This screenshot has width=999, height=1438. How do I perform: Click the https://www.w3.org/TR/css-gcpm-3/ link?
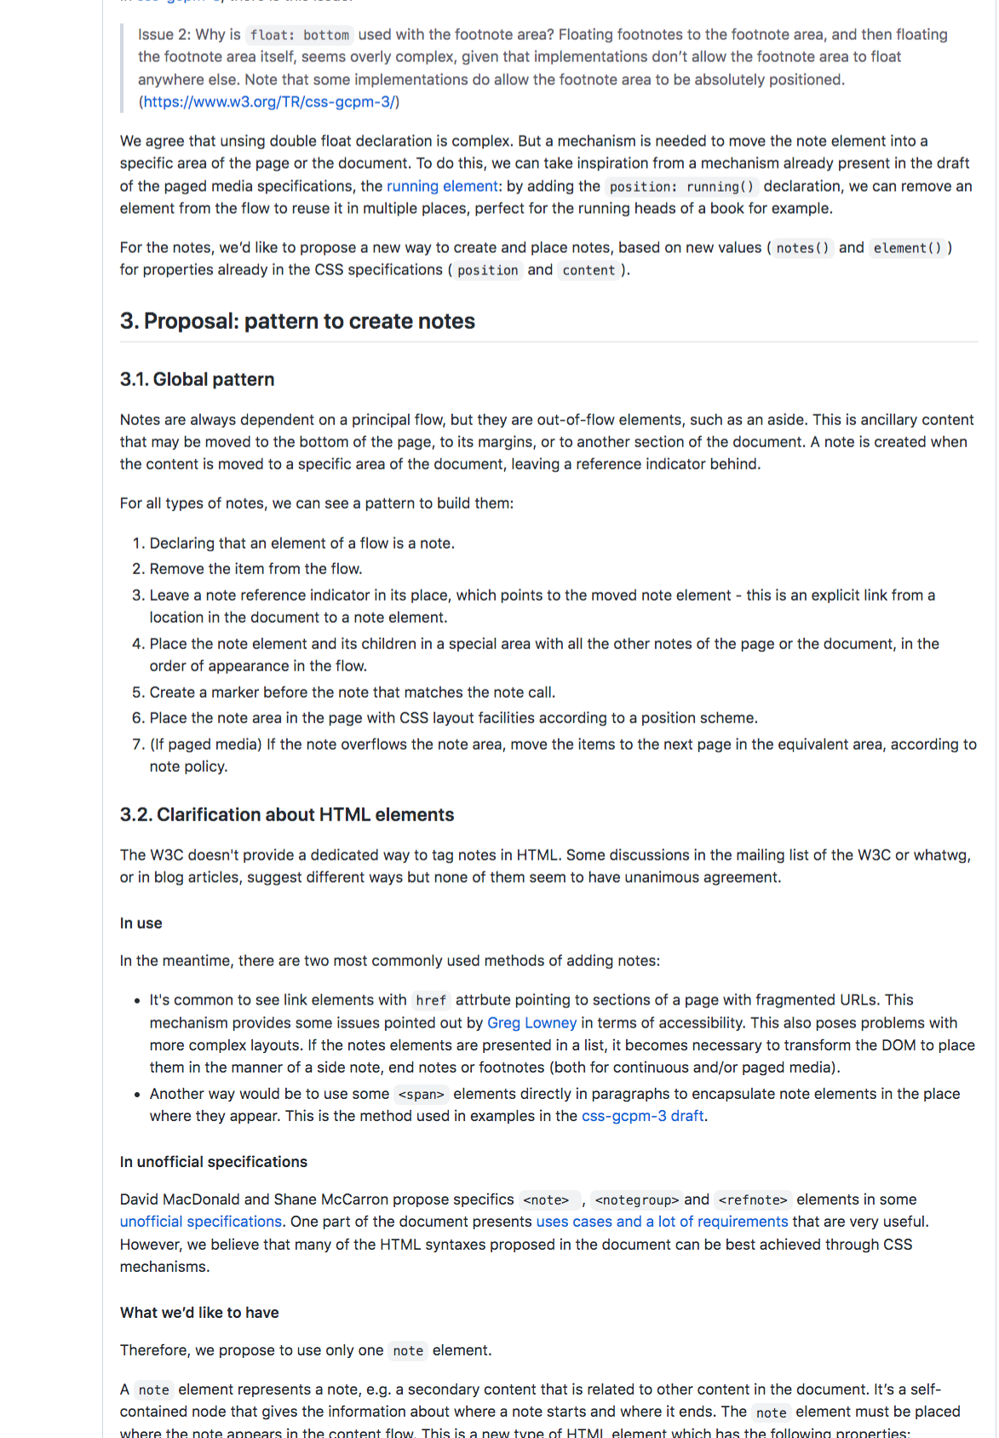[x=269, y=102]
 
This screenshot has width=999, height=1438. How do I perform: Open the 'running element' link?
[x=442, y=187]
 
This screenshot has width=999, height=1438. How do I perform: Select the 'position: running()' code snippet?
[x=681, y=187]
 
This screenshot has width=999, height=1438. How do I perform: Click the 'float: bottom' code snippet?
[x=300, y=35]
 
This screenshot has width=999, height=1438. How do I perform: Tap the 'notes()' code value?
[x=802, y=248]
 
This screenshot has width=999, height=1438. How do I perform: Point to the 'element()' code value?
[x=907, y=248]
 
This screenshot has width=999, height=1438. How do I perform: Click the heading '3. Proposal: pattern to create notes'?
[x=297, y=321]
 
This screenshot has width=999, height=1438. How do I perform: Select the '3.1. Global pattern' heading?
[x=197, y=379]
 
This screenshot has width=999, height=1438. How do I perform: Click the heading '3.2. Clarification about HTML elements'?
[x=287, y=814]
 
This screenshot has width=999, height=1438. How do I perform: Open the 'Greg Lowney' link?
[x=531, y=1023]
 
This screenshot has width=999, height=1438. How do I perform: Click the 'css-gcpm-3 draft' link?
[x=643, y=1116]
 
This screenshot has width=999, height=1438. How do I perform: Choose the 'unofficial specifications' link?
[x=201, y=1222]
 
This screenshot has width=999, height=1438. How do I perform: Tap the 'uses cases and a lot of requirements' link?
[x=662, y=1222]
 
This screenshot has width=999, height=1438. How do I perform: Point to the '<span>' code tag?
[x=421, y=1095]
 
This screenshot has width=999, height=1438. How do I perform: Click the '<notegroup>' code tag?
[x=636, y=1200]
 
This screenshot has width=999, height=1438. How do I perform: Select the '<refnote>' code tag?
[x=753, y=1200]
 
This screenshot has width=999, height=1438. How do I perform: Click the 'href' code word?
[x=431, y=1001]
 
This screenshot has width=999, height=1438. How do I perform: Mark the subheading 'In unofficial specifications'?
[x=214, y=1162]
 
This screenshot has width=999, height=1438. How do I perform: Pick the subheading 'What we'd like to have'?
[x=199, y=1313]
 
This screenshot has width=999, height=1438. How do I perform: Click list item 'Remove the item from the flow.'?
[x=255, y=569]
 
